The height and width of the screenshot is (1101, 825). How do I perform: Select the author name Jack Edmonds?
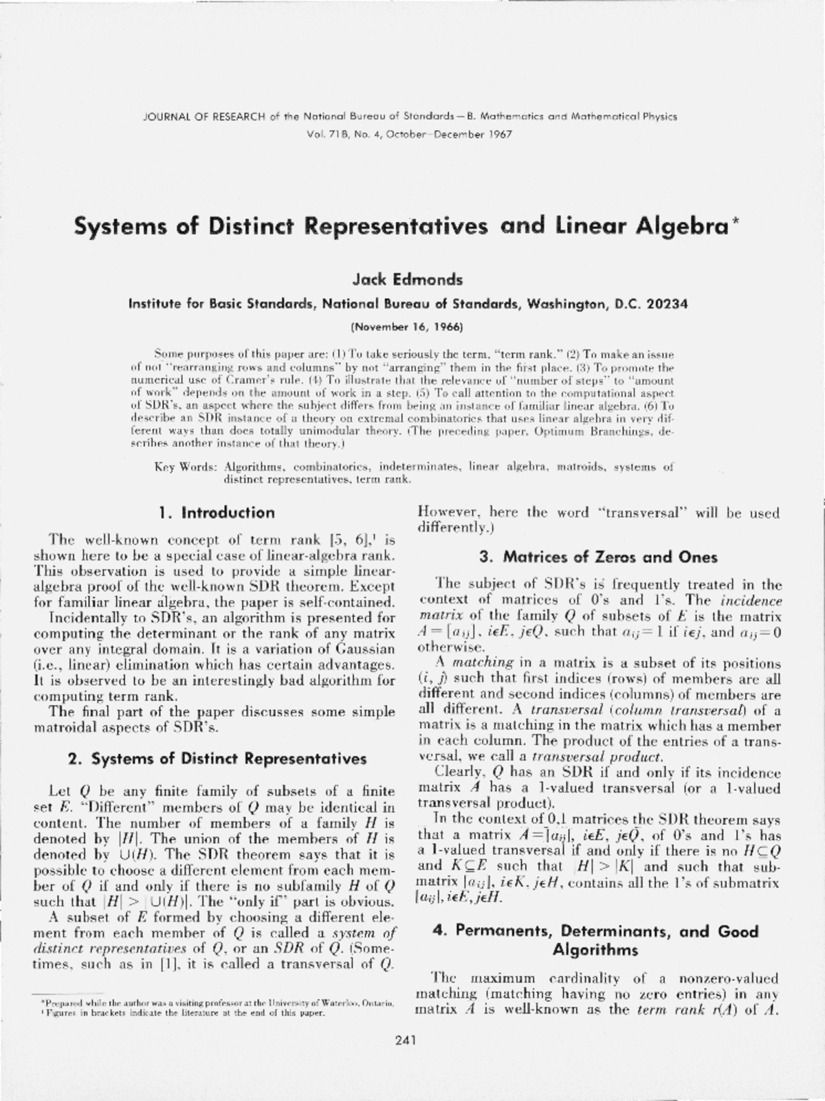point(408,280)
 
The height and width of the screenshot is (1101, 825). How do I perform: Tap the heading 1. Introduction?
point(216,513)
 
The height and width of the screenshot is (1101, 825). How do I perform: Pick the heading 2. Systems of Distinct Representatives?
point(217,759)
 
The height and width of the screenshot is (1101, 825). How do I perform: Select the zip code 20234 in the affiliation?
point(665,303)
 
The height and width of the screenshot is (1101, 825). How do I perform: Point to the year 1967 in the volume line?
point(500,134)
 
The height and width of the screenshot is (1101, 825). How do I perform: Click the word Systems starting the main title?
point(121,227)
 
